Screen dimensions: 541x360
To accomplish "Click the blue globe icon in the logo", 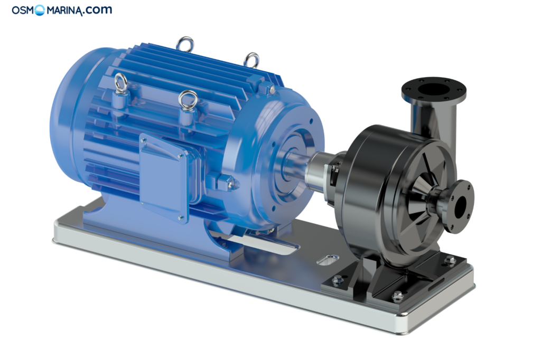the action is tap(40, 10).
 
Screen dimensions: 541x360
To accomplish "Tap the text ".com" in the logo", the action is tap(97, 10).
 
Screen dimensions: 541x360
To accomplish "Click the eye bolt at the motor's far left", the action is tap(120, 83).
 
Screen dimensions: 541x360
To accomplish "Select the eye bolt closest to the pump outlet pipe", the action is tap(251, 60).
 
